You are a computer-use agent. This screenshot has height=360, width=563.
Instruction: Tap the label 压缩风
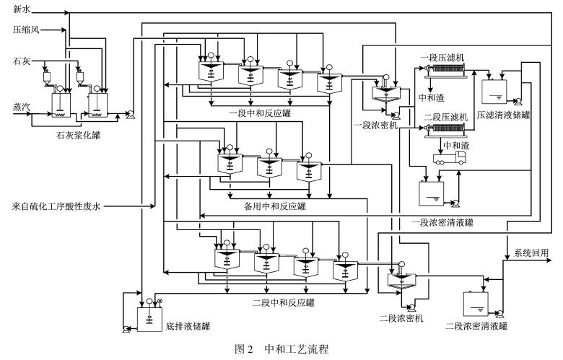coord(26,30)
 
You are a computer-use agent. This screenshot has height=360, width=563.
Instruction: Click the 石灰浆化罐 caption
coord(78,135)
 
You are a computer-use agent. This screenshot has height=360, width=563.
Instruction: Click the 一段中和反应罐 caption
coord(250,113)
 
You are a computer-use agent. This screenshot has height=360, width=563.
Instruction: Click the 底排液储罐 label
coord(187,326)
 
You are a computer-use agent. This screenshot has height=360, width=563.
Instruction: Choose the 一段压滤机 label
coord(441,57)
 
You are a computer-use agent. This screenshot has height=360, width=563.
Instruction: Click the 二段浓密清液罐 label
coord(476,326)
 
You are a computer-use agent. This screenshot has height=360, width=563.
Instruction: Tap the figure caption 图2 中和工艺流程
coord(282,349)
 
